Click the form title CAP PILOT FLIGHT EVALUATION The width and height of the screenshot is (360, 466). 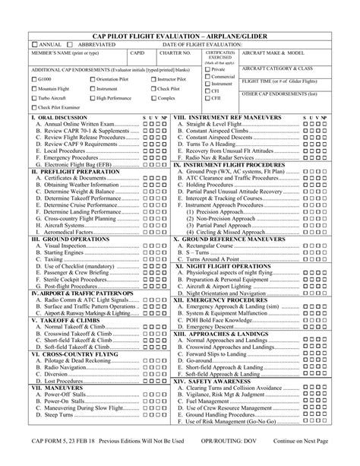point(179,36)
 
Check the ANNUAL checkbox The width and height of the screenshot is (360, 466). point(35,46)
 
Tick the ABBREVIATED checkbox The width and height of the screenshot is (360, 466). point(69,46)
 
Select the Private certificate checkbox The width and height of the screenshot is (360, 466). point(208,68)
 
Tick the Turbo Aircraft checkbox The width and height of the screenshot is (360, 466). point(33,99)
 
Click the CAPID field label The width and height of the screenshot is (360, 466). point(137,54)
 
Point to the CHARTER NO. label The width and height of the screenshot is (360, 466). point(176,54)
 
